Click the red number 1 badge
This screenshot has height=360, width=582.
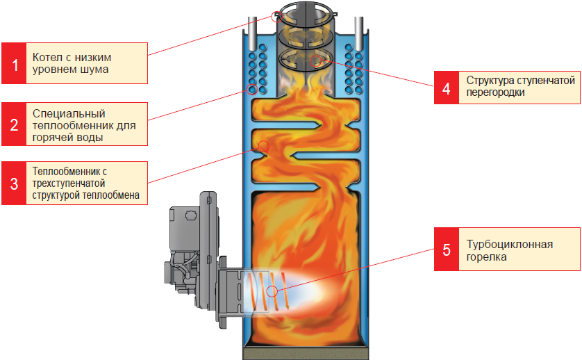15,63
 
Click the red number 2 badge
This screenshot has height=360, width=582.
15,124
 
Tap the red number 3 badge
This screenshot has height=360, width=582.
15,183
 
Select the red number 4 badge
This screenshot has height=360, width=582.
447,88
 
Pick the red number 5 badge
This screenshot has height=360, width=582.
447,249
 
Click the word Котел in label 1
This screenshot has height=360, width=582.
46,57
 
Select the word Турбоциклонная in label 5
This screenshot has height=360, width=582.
510,244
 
